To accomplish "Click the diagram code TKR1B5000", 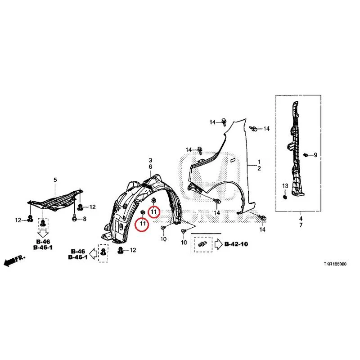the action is click(335, 264).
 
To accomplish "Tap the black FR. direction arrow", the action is click(14, 261).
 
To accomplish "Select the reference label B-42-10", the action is click(236, 244).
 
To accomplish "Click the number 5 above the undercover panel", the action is click(55, 180).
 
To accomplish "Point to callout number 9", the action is click(315, 155).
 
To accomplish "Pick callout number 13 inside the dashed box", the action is click(285, 186).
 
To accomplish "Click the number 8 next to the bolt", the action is click(85, 219).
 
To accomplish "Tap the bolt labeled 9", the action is click(306, 155).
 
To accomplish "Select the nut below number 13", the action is click(285, 197).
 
